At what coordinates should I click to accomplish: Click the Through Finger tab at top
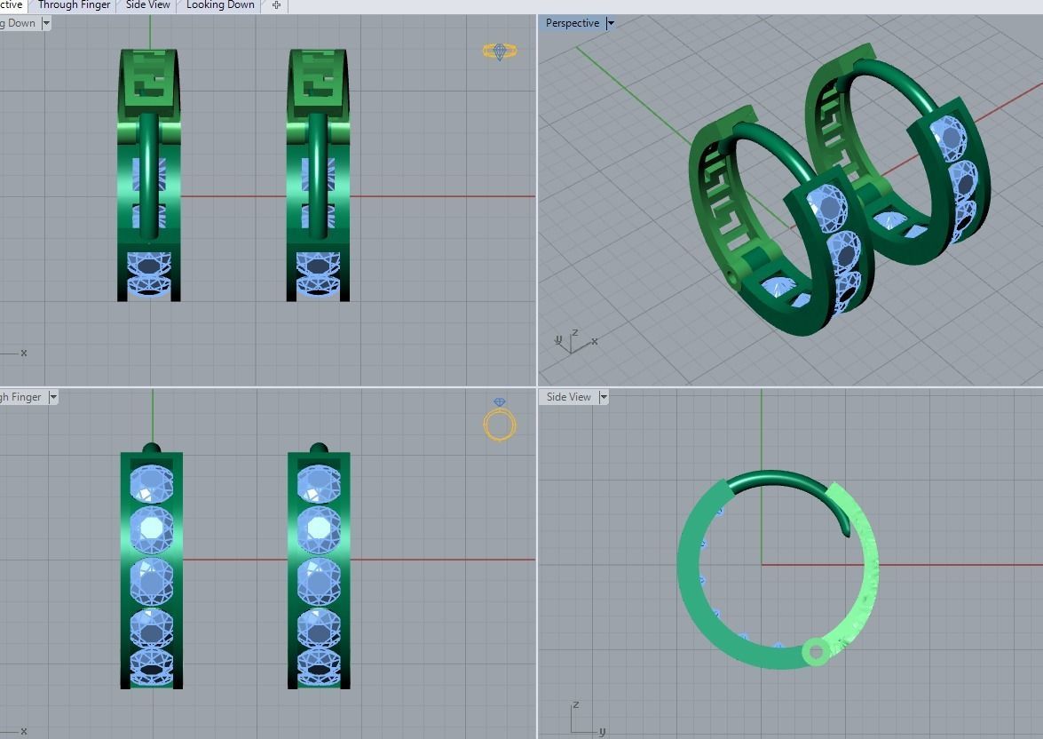point(74,5)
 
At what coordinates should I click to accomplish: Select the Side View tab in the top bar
point(148,5)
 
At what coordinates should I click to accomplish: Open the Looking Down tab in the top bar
point(220,5)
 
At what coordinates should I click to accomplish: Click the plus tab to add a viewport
point(276,5)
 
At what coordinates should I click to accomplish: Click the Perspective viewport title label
point(572,23)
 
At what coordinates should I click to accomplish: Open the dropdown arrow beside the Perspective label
point(611,24)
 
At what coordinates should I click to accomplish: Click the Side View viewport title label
point(569,397)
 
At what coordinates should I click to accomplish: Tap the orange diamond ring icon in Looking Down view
point(501,52)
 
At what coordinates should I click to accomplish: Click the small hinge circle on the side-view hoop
point(814,653)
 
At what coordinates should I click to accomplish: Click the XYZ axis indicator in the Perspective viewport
point(573,341)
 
